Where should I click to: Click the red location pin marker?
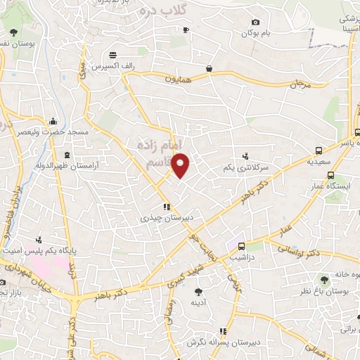click(x=181, y=165)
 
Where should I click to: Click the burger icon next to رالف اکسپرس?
click(x=112, y=55)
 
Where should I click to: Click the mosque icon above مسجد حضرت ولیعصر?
click(x=53, y=121)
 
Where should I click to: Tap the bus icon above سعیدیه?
click(x=319, y=150)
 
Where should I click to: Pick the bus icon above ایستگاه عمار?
click(x=330, y=176)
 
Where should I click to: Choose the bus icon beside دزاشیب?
click(x=241, y=247)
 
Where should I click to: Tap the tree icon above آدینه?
click(x=199, y=290)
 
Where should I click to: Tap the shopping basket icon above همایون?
click(x=210, y=68)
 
